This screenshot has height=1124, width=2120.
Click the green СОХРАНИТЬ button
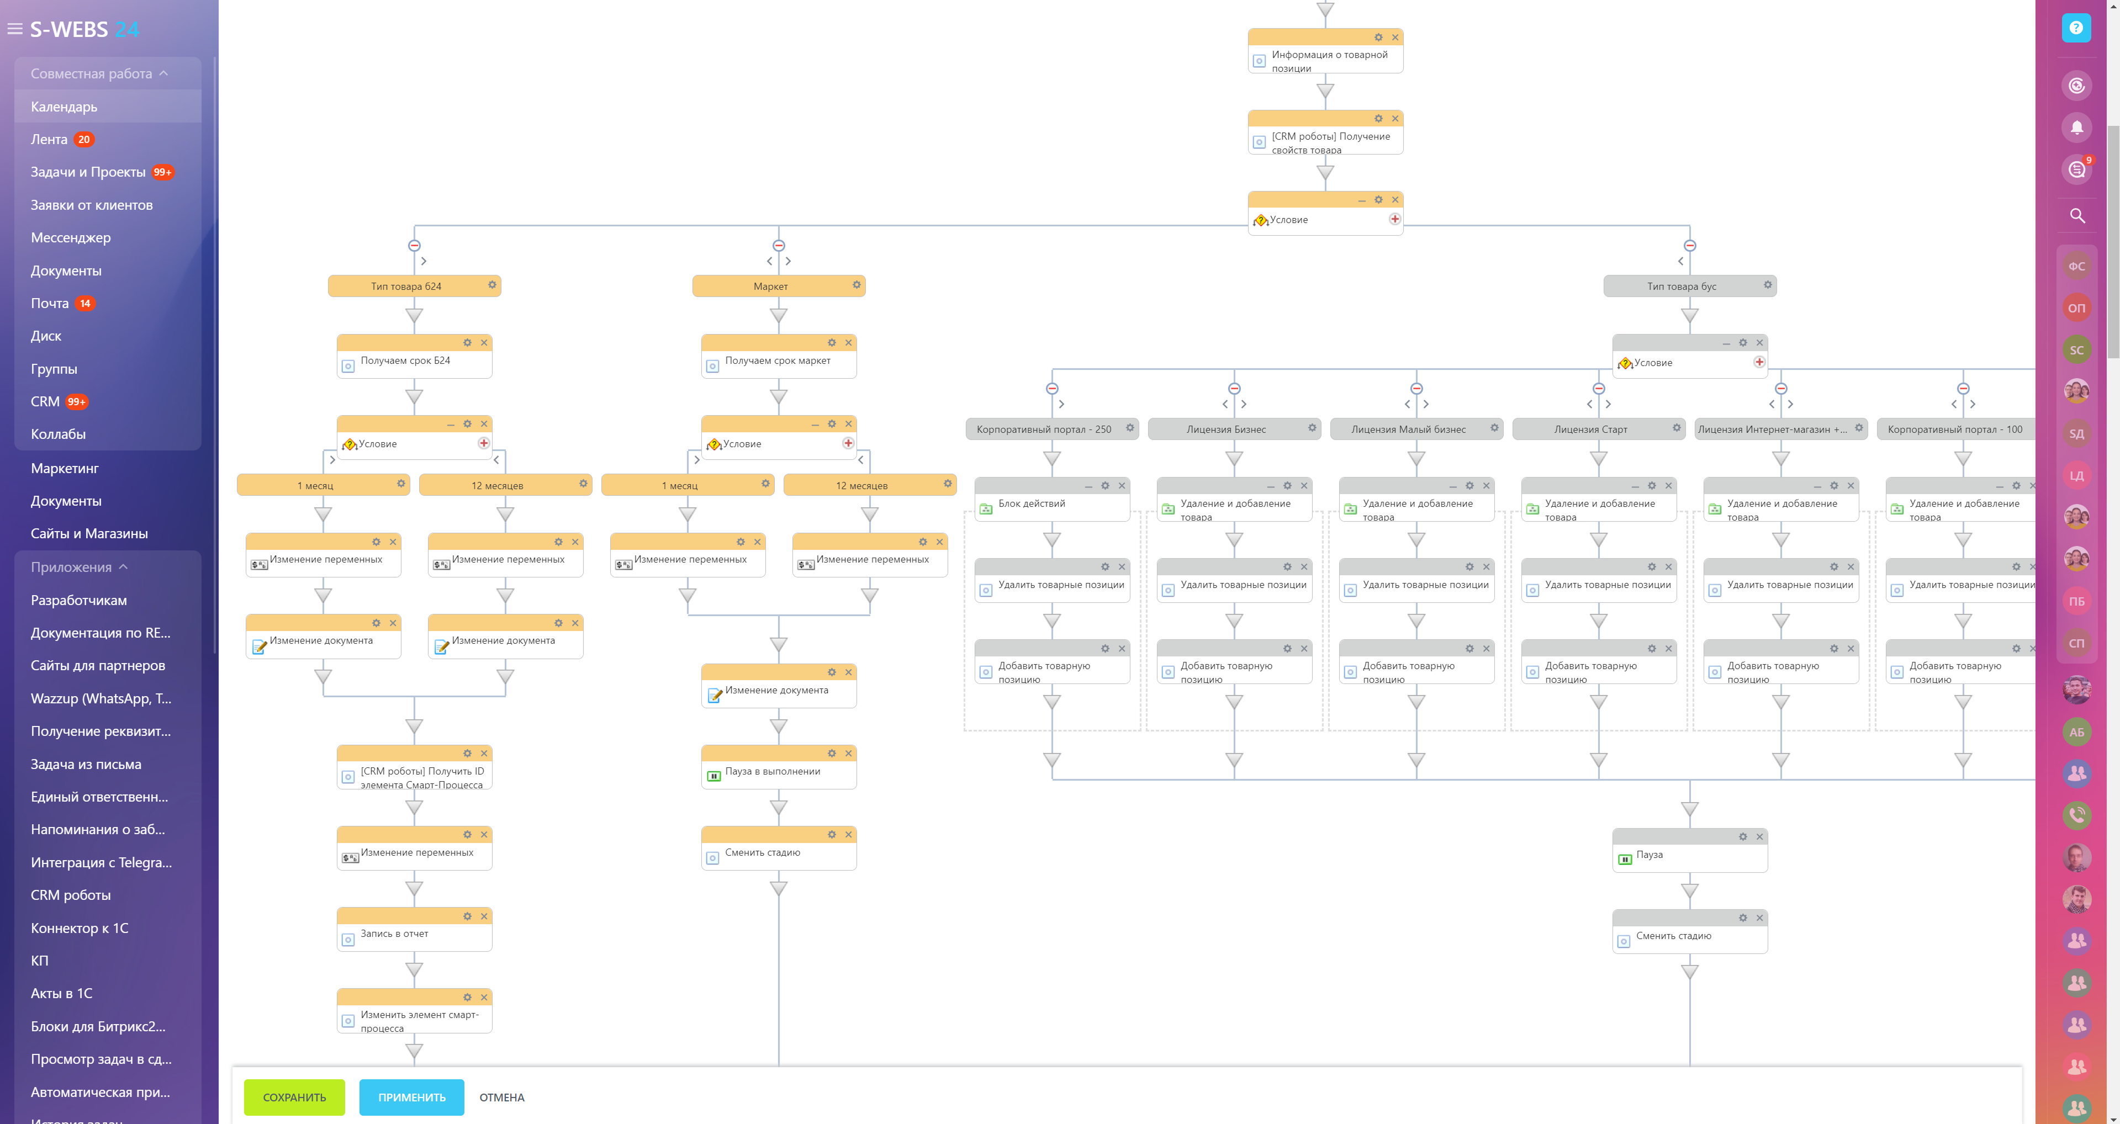[294, 1097]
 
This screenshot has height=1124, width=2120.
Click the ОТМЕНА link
[501, 1097]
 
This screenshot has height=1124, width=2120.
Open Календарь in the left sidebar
[64, 106]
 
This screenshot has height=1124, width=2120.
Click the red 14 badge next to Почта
[85, 304]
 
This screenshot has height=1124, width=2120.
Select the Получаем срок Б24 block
[406, 360]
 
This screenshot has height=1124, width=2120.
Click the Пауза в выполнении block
[772, 772]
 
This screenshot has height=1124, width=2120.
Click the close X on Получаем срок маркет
[848, 342]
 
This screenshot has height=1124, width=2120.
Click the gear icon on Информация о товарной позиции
[1378, 37]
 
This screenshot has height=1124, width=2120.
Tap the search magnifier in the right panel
[2077, 216]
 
